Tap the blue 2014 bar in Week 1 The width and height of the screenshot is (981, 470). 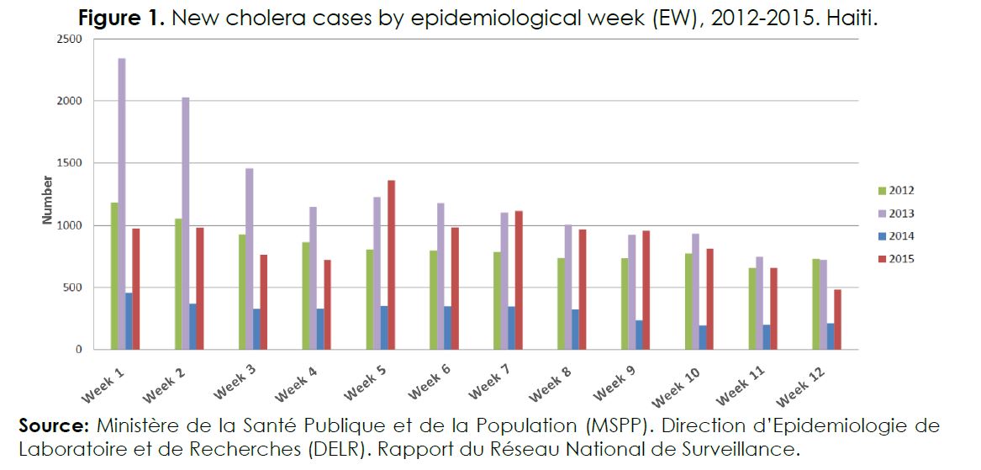(x=129, y=321)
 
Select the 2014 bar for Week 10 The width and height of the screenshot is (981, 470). (x=704, y=337)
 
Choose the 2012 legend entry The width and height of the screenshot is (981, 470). (x=894, y=191)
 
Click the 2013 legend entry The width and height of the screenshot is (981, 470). (x=894, y=214)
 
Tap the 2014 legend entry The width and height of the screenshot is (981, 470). (x=894, y=236)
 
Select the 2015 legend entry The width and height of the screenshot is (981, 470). (x=894, y=259)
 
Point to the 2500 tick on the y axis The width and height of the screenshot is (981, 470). (x=71, y=40)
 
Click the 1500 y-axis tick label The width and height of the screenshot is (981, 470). (x=71, y=163)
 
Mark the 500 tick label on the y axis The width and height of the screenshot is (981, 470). (x=74, y=288)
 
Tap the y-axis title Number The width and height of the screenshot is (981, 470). (x=48, y=200)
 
